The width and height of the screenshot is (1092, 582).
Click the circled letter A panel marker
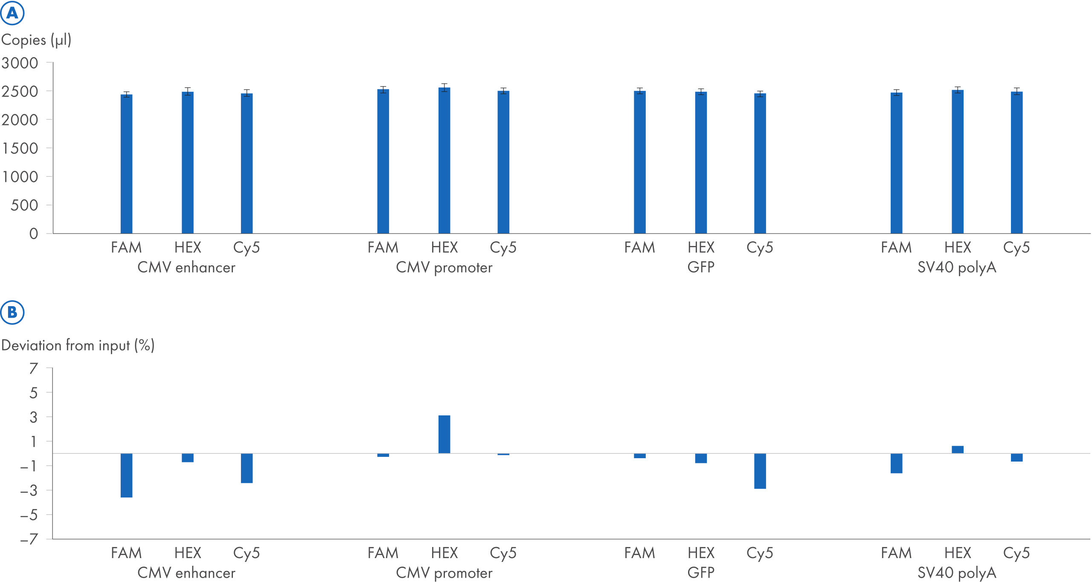12,13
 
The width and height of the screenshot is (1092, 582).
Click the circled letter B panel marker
12,312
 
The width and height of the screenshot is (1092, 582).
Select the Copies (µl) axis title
36,40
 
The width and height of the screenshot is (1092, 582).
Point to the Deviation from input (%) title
78,345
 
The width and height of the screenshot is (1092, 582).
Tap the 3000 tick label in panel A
20,63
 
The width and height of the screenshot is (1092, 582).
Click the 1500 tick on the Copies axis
20,149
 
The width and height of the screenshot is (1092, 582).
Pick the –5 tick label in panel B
29,515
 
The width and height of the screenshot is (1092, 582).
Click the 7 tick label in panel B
34,368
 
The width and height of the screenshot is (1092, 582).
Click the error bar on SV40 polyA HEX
957,90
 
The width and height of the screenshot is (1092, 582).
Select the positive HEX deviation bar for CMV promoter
444,434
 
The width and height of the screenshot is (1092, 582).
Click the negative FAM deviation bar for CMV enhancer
126,475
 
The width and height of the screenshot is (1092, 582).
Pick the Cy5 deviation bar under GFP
760,471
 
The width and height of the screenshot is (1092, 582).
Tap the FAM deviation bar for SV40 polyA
896,463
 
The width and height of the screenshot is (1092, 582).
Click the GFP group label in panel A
700,267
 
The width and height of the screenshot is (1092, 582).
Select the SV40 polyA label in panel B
956,573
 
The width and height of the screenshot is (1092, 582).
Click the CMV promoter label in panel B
444,573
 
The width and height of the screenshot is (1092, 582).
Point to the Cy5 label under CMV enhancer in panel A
246,248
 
